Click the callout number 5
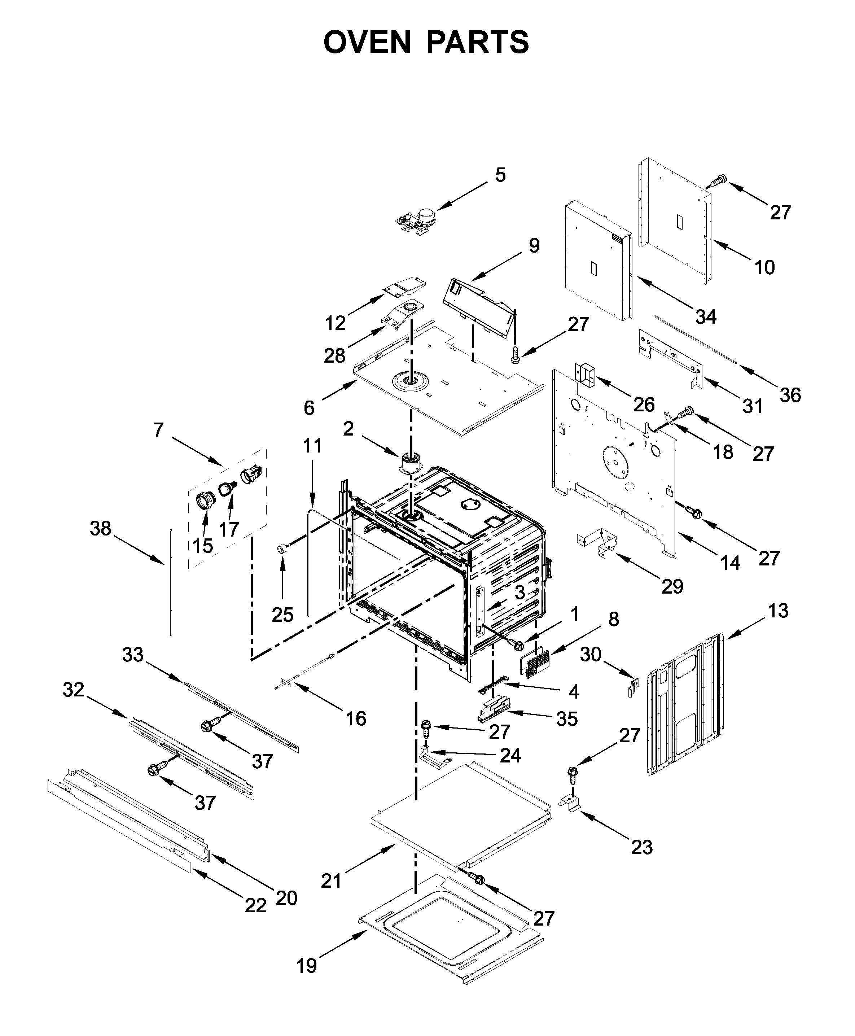[x=500, y=175]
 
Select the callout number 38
[x=101, y=529]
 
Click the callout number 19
[x=306, y=966]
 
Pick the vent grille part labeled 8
[x=536, y=663]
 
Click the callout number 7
[x=158, y=430]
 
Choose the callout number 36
[x=790, y=395]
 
